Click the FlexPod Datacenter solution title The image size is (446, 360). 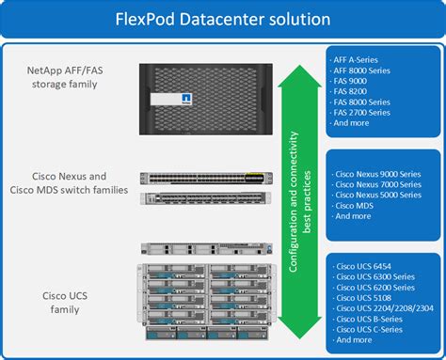point(222,18)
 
